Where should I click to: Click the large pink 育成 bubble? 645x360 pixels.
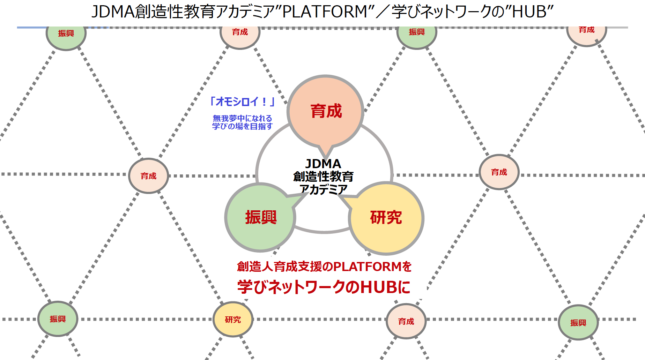coord(326,111)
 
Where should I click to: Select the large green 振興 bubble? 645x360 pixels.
coord(260,217)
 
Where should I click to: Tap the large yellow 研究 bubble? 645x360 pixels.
coord(386,218)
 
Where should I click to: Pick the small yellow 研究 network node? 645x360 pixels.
coord(233,320)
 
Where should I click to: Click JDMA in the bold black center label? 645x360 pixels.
coord(323,164)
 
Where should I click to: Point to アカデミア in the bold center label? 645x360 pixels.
coord(324,189)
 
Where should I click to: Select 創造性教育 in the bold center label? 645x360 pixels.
coord(323,177)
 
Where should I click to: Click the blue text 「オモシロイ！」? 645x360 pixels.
coord(242,102)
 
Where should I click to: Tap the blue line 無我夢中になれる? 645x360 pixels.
coord(242,118)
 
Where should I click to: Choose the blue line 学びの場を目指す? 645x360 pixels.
coord(242,126)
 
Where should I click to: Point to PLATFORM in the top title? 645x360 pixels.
coord(325,12)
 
